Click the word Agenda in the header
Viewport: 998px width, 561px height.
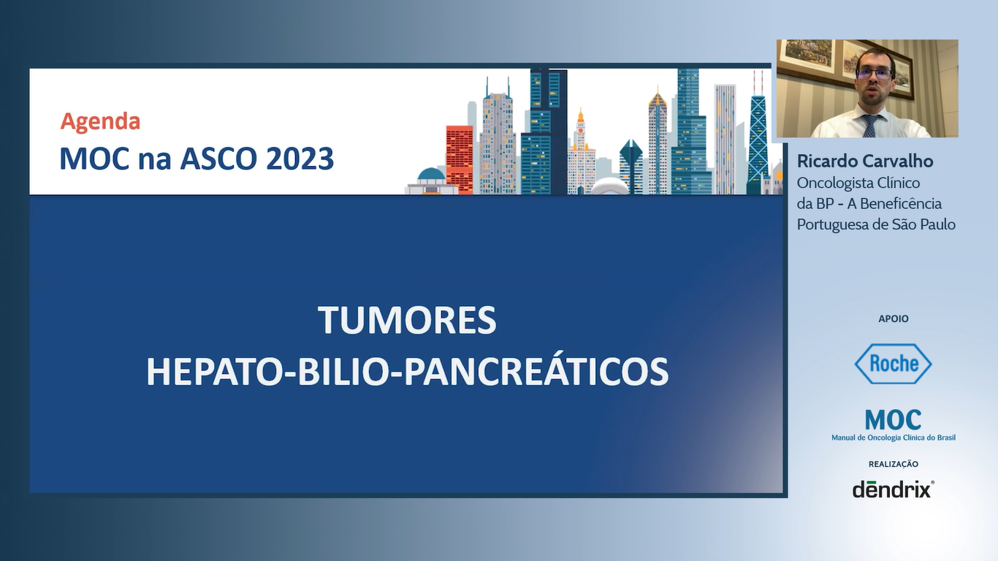click(100, 121)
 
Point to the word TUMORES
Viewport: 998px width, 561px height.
click(407, 321)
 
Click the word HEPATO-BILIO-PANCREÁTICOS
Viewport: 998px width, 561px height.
click(407, 372)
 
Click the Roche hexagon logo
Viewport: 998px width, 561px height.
click(893, 364)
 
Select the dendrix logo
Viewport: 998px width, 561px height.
click(893, 489)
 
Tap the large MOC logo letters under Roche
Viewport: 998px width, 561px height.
click(893, 420)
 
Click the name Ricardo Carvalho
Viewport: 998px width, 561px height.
click(865, 161)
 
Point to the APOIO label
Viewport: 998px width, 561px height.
click(893, 319)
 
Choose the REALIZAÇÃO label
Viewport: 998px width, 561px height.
click(893, 464)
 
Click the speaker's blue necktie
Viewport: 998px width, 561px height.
click(869, 126)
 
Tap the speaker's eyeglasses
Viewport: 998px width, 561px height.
click(873, 74)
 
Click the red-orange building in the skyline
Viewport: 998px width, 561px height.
click(460, 159)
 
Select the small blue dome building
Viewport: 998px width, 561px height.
click(431, 175)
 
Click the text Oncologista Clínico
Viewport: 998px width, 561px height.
click(858, 183)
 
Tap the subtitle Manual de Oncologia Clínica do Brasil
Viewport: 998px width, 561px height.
click(893, 438)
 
